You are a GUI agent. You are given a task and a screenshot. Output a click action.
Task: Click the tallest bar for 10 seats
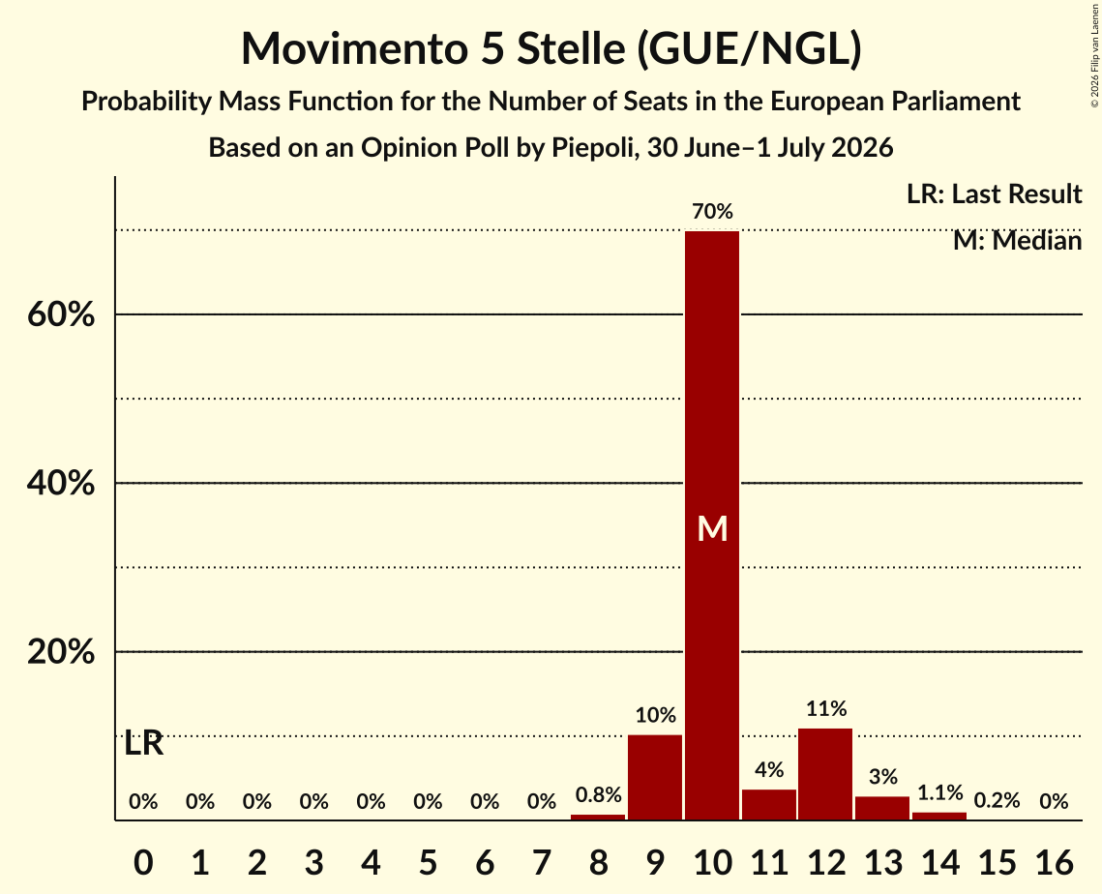point(712,525)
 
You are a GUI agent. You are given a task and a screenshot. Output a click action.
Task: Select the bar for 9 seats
point(655,777)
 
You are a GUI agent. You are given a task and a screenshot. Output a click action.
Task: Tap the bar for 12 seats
point(826,774)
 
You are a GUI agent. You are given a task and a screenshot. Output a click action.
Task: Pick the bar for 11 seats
point(769,805)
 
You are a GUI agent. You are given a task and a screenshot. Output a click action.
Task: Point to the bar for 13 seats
point(882,808)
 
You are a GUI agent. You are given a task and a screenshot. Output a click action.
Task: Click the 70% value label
point(712,211)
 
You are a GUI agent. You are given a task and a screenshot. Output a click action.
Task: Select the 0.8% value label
point(598,795)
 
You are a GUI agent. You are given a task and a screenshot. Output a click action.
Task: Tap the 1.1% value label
point(939,792)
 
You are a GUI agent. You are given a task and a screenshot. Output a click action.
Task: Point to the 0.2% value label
point(997,800)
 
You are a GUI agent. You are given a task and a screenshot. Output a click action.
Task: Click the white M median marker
point(712,528)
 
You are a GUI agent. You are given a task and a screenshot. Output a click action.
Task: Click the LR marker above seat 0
point(143,744)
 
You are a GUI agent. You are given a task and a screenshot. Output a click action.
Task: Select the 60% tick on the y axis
point(60,314)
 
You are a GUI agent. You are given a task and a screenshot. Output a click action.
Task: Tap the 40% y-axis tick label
point(60,483)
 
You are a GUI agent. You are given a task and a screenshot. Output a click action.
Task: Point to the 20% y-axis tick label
point(60,651)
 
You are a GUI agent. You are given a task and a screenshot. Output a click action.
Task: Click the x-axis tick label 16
point(1054,862)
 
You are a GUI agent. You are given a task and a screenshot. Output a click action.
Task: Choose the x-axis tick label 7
point(541,862)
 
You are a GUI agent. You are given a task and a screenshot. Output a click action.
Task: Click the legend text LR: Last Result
point(994,194)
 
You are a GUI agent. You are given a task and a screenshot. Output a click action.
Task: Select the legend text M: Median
point(1017,241)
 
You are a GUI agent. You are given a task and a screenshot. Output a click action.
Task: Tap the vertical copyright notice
point(1094,55)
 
